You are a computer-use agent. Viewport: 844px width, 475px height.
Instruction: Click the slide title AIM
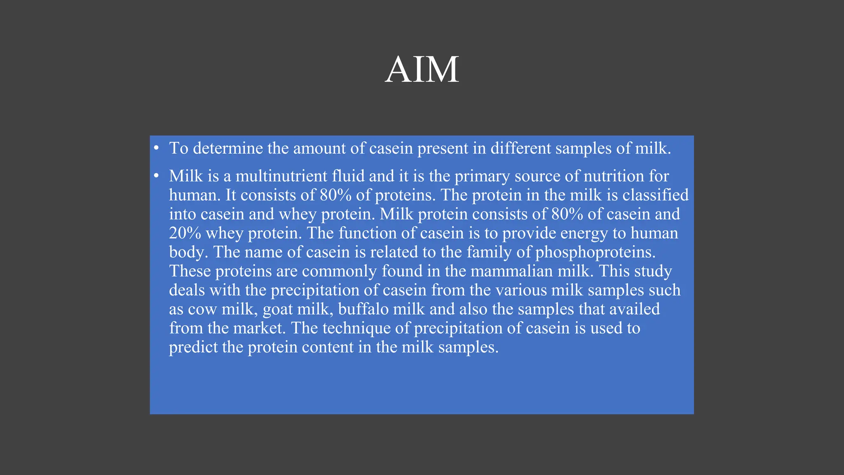pos(422,70)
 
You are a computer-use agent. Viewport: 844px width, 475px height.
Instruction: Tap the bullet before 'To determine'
pos(156,148)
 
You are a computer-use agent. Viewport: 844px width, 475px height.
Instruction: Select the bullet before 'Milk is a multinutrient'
pos(156,176)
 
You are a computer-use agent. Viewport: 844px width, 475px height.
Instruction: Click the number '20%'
pos(185,233)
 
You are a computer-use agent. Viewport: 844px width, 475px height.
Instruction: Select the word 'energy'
pos(584,233)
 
